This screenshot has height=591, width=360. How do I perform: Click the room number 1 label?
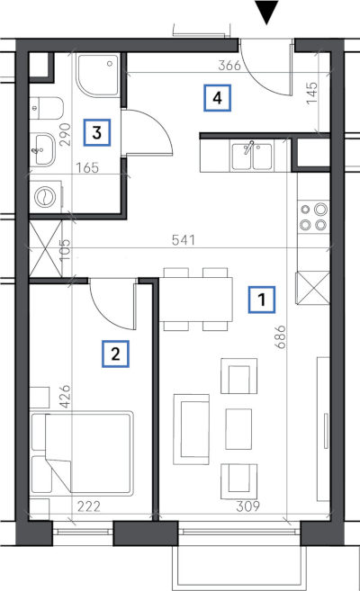262,300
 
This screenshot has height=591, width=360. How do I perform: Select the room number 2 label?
115,354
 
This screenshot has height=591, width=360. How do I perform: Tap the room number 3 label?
97,132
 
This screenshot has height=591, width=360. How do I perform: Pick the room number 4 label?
217,98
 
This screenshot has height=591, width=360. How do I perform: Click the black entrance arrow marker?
266,13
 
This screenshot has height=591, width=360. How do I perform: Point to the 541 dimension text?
184,240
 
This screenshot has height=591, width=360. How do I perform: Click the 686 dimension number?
281,337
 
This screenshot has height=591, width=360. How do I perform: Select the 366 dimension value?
229,66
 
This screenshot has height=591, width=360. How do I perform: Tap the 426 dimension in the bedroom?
65,396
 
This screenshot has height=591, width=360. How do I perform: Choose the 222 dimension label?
89,506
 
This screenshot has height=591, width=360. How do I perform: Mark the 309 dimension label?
248,506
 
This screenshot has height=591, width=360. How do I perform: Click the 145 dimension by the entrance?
312,93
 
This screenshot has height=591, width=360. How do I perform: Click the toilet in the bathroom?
47,108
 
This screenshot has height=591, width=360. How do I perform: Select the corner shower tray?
98,76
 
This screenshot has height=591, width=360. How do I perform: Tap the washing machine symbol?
46,196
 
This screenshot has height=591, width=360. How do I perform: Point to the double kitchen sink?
252,156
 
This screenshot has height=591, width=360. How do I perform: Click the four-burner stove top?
313,217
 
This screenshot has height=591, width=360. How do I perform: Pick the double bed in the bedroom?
82,452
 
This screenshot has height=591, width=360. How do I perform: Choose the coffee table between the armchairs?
238,429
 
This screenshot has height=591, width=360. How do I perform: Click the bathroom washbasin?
42,149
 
